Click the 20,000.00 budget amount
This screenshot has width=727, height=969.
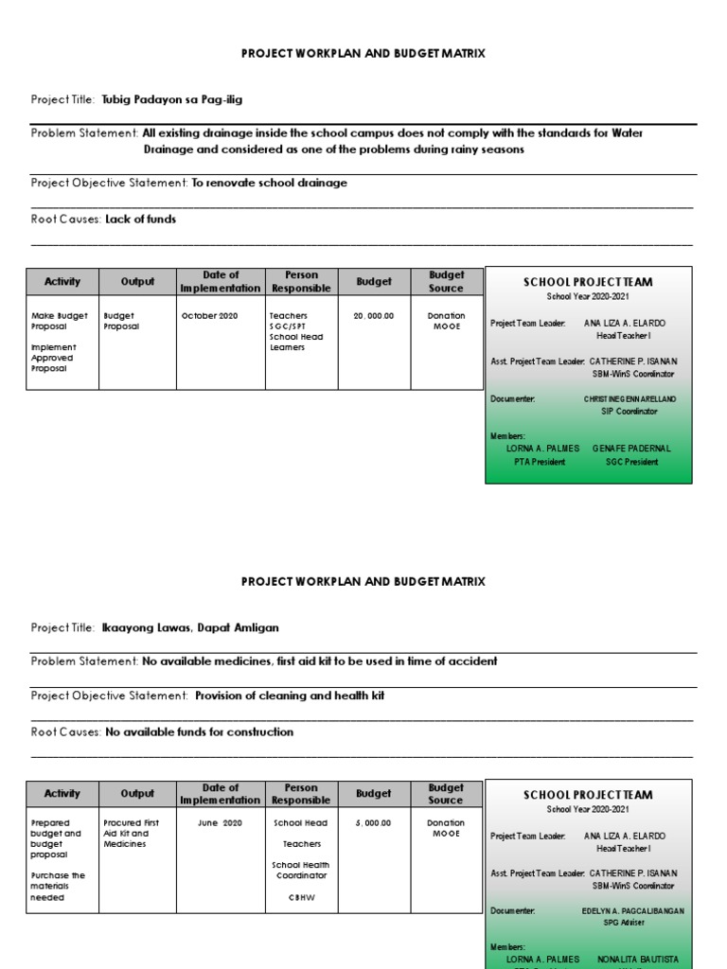[373, 316]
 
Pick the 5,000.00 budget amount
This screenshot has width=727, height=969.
[373, 823]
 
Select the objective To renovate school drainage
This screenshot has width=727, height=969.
[269, 184]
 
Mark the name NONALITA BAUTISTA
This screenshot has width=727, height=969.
[637, 960]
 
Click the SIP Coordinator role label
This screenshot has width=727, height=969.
[629, 412]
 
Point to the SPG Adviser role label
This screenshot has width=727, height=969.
[629, 923]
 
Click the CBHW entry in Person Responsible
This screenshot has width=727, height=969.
[301, 897]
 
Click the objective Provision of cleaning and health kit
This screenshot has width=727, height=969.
[290, 696]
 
